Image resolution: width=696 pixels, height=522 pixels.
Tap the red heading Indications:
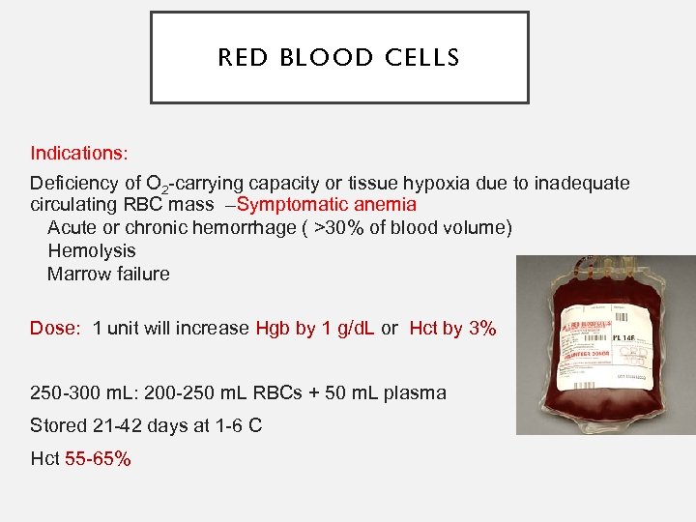click(x=79, y=153)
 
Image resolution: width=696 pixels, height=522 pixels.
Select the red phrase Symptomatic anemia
click(x=327, y=204)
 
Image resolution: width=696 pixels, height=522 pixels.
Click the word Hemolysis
click(x=92, y=250)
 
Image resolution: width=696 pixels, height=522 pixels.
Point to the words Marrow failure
click(x=108, y=274)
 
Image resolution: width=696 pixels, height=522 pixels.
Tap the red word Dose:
click(x=55, y=328)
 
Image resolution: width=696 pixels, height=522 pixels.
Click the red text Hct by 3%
click(x=452, y=328)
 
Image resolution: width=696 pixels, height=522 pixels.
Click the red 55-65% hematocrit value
click(x=98, y=458)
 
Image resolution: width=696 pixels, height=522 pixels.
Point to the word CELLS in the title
click(x=422, y=58)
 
